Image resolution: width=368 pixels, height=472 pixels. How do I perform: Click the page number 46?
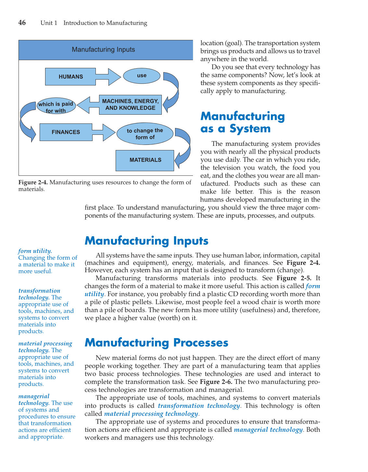click(22, 23)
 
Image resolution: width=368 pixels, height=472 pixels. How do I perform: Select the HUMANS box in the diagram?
click(70, 77)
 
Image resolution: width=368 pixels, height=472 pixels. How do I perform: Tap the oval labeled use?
click(142, 76)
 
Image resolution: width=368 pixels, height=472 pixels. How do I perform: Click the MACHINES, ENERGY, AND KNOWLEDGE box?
click(130, 105)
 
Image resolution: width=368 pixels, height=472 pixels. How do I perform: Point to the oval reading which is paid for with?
click(56, 107)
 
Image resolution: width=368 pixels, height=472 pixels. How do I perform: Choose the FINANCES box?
click(66, 132)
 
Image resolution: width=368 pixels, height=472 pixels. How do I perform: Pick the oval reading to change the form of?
click(145, 134)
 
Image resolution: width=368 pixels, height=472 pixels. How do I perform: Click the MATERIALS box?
click(145, 160)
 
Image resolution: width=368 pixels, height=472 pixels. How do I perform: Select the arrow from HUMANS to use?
click(108, 77)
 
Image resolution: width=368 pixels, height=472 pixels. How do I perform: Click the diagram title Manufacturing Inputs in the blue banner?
click(103, 50)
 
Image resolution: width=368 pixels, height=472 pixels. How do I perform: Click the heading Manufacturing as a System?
click(242, 122)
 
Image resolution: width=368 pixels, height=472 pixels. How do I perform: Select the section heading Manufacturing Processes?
click(156, 343)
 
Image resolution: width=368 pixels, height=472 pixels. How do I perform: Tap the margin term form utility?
click(35, 251)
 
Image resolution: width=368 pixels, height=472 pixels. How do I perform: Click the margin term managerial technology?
click(34, 400)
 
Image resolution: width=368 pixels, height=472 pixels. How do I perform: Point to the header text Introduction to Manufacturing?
click(105, 23)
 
